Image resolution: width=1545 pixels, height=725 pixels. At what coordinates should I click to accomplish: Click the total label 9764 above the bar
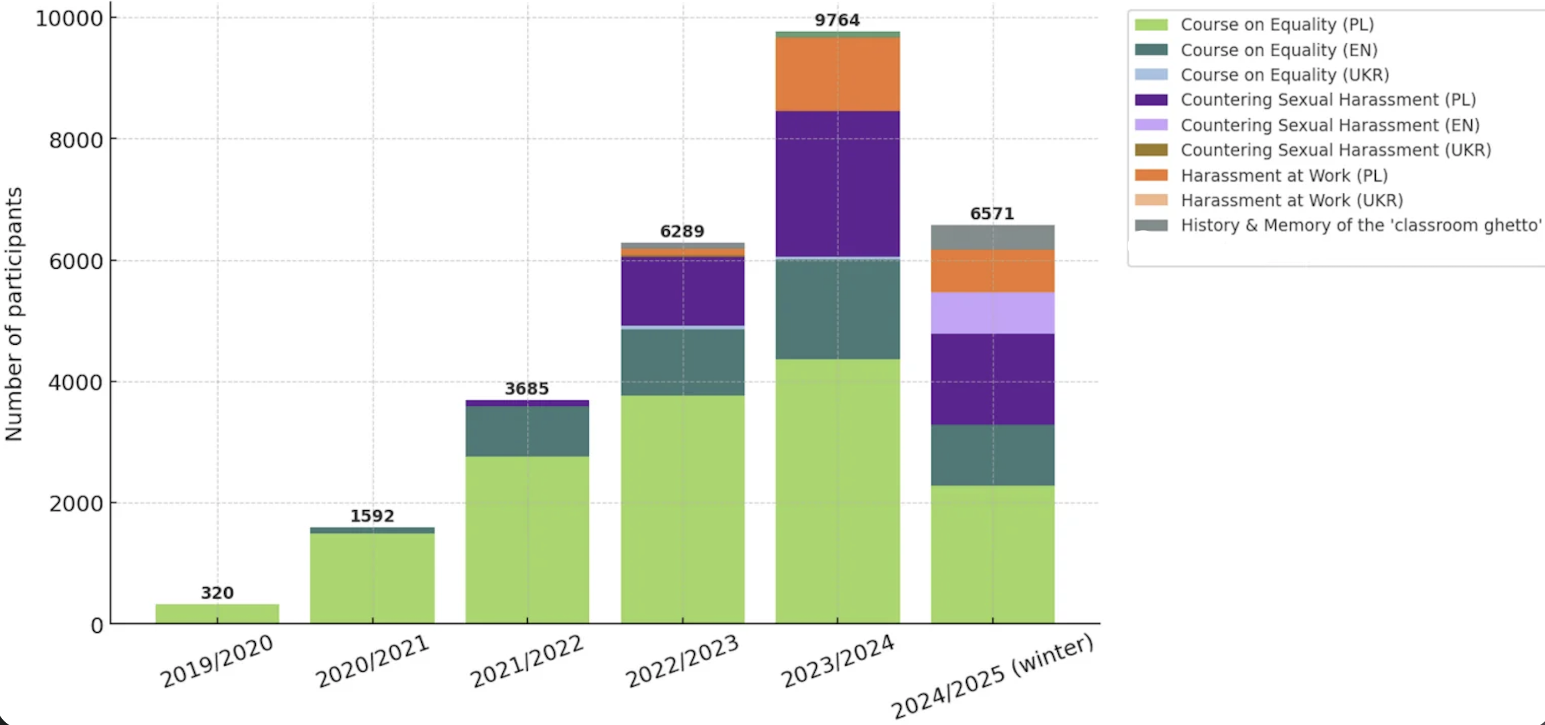pyautogui.click(x=837, y=21)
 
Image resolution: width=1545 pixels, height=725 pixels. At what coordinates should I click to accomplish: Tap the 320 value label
pyautogui.click(x=217, y=593)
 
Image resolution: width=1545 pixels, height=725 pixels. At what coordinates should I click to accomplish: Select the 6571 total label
pyautogui.click(x=992, y=214)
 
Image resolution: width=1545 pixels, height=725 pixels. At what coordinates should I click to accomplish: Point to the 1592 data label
pyautogui.click(x=372, y=516)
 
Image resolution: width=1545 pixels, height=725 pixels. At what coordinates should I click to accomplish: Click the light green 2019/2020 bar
pyautogui.click(x=217, y=613)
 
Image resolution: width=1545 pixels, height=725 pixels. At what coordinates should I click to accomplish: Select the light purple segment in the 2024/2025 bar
pyautogui.click(x=992, y=313)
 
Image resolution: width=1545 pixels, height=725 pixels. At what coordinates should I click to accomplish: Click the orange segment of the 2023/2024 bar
pyautogui.click(x=837, y=74)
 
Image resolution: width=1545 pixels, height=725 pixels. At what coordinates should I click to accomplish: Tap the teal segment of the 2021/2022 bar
pyautogui.click(x=527, y=431)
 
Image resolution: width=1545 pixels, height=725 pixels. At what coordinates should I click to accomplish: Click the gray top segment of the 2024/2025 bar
pyautogui.click(x=992, y=238)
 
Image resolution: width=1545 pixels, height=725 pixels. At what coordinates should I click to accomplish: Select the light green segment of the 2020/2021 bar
pyautogui.click(x=372, y=577)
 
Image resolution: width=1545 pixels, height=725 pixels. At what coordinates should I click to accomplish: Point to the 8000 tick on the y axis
pyautogui.click(x=75, y=140)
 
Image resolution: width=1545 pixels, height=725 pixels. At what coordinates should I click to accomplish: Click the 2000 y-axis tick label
pyautogui.click(x=75, y=504)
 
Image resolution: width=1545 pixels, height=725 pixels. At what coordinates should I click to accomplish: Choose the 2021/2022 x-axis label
pyautogui.click(x=527, y=661)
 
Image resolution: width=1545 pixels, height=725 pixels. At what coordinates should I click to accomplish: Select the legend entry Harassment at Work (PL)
pyautogui.click(x=1284, y=175)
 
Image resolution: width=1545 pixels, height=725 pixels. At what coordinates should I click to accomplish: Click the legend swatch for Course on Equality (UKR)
pyautogui.click(x=1151, y=74)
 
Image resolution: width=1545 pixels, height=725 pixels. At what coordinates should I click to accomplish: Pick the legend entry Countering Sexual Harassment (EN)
pyautogui.click(x=1330, y=125)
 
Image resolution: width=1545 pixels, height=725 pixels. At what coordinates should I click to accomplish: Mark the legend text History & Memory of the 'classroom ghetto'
pyautogui.click(x=1361, y=225)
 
